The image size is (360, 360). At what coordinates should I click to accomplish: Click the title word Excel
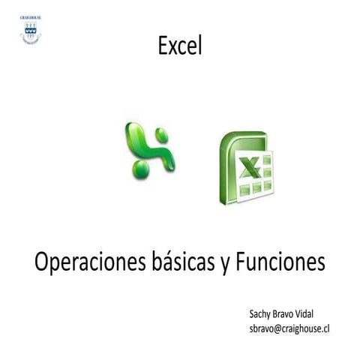coord(180,46)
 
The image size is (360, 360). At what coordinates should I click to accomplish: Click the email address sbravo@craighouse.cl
coord(289,328)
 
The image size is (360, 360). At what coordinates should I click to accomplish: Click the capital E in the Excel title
coord(163,46)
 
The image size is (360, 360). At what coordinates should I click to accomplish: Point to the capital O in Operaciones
coord(43,263)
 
